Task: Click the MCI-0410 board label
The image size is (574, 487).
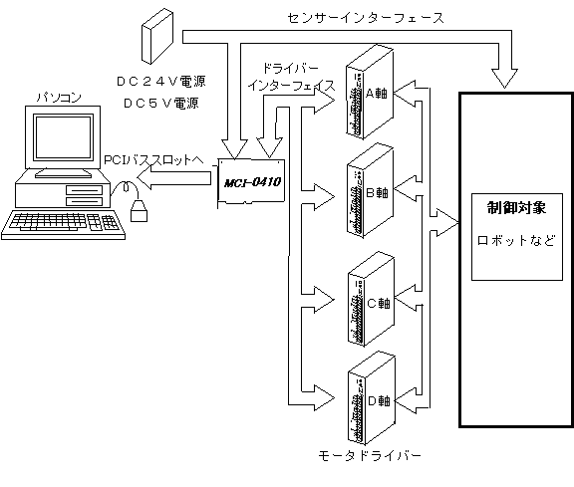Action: click(252, 182)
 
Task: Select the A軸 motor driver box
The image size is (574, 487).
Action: click(370, 92)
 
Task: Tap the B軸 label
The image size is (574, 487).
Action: click(377, 192)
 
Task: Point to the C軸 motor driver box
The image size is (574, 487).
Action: click(371, 299)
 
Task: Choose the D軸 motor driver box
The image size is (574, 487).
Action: click(371, 398)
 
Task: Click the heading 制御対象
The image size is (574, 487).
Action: click(516, 207)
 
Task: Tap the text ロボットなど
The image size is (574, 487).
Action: click(516, 240)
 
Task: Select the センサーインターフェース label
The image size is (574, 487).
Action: click(366, 18)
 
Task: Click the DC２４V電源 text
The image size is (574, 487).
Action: click(161, 82)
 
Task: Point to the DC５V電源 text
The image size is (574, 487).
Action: click(161, 104)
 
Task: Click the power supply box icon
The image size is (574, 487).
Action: click(157, 37)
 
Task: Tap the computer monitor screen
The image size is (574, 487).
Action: click(63, 136)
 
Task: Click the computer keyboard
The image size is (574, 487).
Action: click(63, 225)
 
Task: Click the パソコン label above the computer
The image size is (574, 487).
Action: click(59, 98)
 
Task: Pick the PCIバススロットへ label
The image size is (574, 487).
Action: click(153, 160)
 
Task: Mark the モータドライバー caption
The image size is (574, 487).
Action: click(370, 455)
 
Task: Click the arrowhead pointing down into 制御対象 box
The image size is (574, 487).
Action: click(504, 78)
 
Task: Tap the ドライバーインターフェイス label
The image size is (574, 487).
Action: click(291, 77)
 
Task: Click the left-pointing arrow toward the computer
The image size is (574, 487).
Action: click(174, 177)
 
